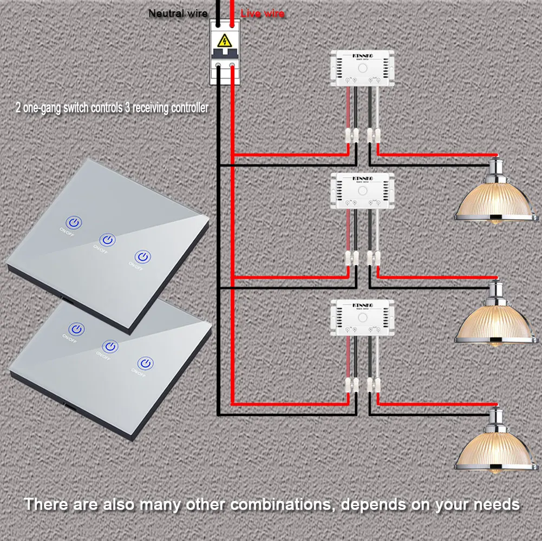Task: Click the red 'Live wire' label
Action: (x=262, y=14)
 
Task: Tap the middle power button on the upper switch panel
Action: (x=108, y=239)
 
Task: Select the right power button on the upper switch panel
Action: (x=142, y=256)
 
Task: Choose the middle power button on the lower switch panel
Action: (x=110, y=345)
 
